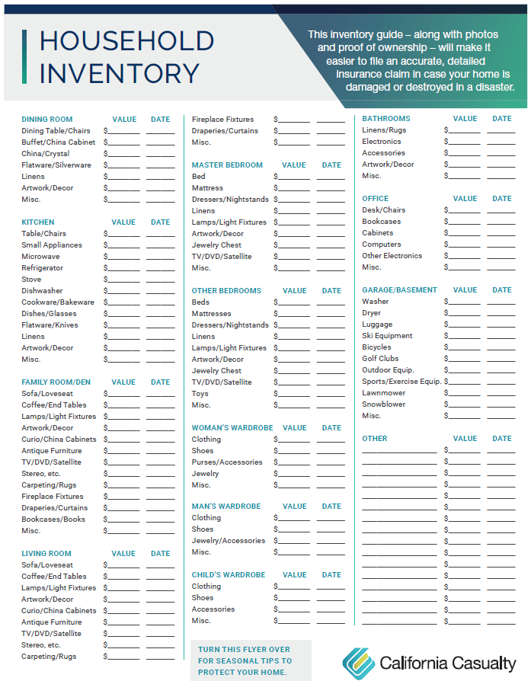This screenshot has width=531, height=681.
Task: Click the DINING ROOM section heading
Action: point(46,120)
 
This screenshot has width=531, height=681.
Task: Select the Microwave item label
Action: point(40,257)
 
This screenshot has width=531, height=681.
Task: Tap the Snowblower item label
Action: point(383,404)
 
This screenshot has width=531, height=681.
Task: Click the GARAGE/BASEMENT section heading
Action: point(399,290)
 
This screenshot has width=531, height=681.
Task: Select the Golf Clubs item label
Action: point(380,359)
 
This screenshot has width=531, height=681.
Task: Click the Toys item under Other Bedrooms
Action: point(200,394)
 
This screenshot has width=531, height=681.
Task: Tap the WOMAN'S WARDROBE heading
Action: point(232,428)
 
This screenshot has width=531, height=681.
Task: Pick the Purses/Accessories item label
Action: point(226,462)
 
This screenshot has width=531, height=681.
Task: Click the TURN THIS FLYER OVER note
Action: point(245,660)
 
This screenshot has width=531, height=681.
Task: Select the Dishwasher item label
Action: point(42,291)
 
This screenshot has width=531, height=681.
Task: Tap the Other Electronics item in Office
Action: point(392,256)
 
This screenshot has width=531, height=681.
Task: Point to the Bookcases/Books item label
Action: point(53,520)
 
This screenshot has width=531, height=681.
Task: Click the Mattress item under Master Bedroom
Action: point(207,188)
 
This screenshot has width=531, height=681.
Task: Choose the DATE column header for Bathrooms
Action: point(501,119)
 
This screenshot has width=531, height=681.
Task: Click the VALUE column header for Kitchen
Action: point(124,222)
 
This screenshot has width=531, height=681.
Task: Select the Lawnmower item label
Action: point(383,393)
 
